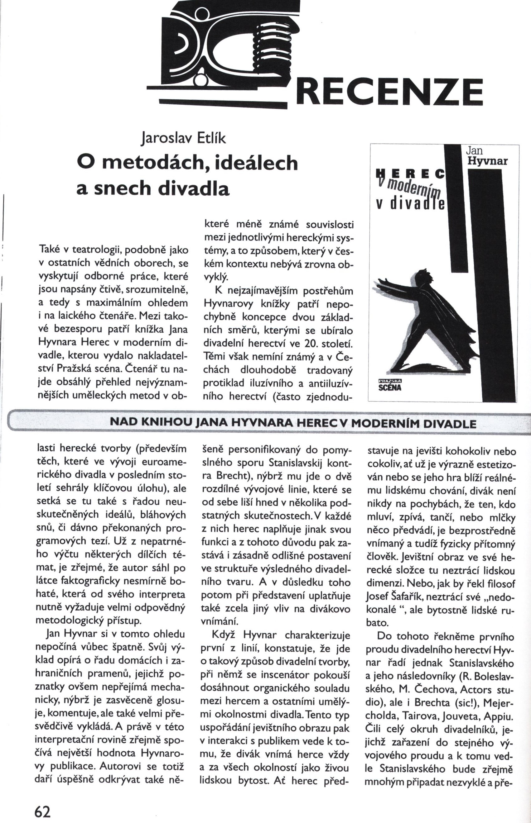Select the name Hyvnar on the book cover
click(487, 161)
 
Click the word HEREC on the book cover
click(409, 174)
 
